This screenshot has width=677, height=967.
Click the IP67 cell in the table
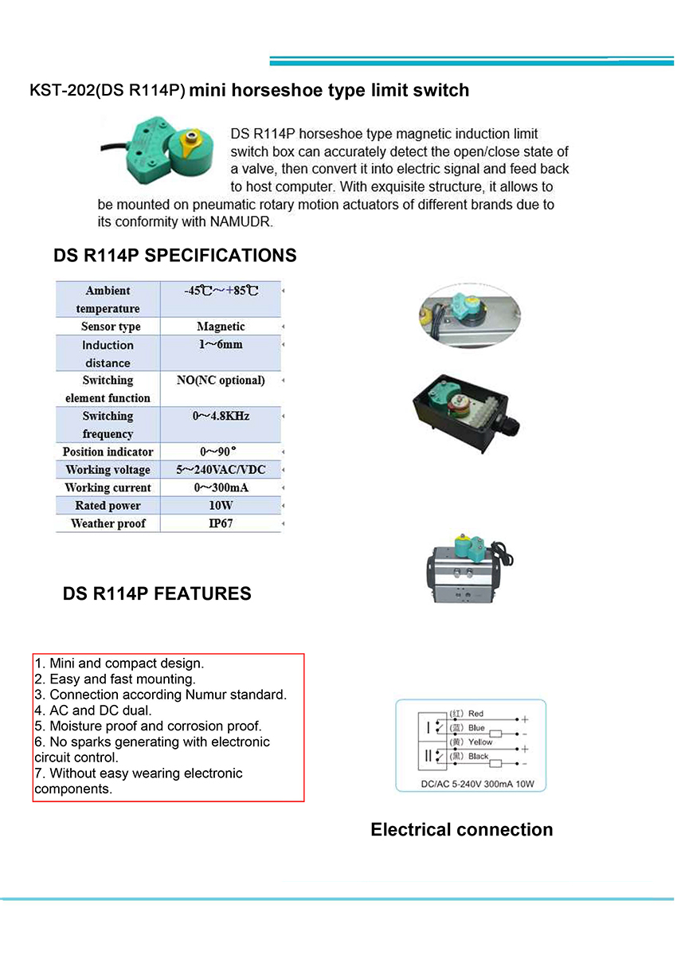pyautogui.click(x=221, y=523)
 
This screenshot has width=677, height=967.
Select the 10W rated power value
pyautogui.click(x=221, y=506)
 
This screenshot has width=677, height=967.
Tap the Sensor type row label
pyautogui.click(x=110, y=327)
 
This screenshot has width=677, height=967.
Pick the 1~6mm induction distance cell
pyautogui.click(x=221, y=345)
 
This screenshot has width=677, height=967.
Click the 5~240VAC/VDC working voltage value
pyautogui.click(x=221, y=470)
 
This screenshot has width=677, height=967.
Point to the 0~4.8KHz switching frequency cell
pyautogui.click(x=221, y=417)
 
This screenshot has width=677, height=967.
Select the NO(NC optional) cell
pyautogui.click(x=221, y=381)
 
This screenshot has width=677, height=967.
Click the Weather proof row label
pyautogui.click(x=108, y=523)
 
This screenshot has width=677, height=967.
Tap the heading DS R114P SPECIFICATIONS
pyautogui.click(x=174, y=256)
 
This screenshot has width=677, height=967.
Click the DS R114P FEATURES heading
pyautogui.click(x=157, y=593)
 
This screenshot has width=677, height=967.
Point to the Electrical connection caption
pyautogui.click(x=461, y=829)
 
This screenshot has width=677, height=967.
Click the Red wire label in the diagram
pyautogui.click(x=475, y=714)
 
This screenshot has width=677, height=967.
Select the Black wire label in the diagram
pyautogui.click(x=478, y=756)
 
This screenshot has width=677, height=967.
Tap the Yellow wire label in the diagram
pyautogui.click(x=480, y=742)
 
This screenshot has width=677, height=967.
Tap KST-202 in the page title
pyautogui.click(x=61, y=91)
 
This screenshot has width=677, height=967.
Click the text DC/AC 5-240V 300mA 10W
pyautogui.click(x=472, y=785)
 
